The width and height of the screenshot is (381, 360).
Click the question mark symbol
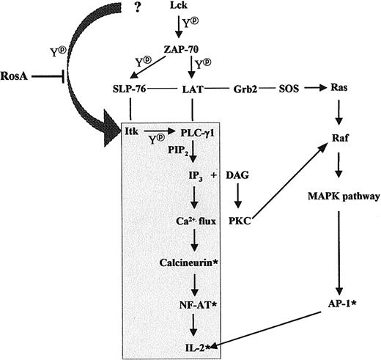[x=138, y=7]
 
